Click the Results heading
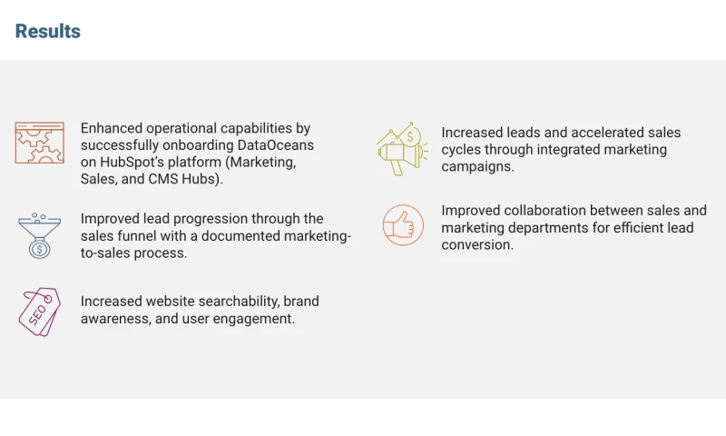click(48, 32)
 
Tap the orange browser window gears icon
click(39, 143)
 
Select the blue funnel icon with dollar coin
click(39, 235)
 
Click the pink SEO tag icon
click(39, 312)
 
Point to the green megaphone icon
click(399, 149)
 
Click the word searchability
click(227, 301)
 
